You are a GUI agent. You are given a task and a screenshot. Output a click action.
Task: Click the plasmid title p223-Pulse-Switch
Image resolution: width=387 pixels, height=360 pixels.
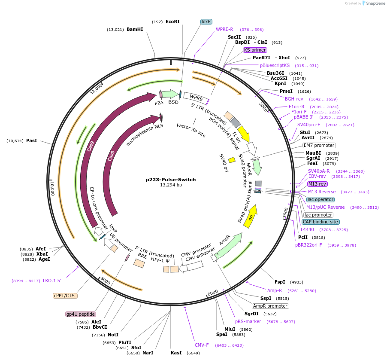coord(171,179)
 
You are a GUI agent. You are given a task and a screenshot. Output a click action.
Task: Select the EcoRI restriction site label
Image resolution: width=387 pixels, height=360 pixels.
coord(172,21)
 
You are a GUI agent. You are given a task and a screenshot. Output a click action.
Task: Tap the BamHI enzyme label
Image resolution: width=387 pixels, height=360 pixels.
coord(135,29)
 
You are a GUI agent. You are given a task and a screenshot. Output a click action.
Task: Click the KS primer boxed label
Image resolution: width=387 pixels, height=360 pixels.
coord(255,50)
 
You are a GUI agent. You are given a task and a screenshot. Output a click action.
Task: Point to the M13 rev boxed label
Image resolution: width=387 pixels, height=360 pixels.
coord(317,184)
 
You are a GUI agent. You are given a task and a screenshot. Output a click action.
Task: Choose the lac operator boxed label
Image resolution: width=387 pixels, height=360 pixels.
coord(320,199)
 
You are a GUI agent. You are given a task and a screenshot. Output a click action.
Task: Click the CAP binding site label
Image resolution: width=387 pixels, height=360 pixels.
coord(320,222)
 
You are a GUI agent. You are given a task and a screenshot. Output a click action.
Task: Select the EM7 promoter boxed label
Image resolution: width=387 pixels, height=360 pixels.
coord(319,145)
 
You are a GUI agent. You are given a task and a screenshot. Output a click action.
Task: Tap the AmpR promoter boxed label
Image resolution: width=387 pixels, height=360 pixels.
coord(270,306)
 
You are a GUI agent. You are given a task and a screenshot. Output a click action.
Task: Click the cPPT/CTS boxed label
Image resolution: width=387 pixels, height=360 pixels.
coord(66,296)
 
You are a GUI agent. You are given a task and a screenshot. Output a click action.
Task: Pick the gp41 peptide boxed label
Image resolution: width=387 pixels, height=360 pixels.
coord(80,314)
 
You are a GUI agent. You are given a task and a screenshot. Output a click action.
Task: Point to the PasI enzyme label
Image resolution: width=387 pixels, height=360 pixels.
coord(31,140)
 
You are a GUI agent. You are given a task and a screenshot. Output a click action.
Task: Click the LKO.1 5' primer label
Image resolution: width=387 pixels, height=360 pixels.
coord(52,281)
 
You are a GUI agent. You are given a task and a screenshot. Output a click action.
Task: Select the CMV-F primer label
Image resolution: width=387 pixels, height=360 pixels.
coord(202,345)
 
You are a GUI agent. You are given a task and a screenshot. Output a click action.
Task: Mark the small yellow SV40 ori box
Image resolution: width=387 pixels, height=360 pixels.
coord(232,160)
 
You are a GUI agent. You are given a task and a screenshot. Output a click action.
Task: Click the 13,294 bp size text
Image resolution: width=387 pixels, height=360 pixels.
coord(171,185)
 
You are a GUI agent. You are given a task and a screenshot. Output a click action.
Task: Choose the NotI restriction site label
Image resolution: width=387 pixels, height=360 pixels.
coord(113,335)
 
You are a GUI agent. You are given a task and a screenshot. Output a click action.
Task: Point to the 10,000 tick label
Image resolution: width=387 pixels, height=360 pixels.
coord(52,188)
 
